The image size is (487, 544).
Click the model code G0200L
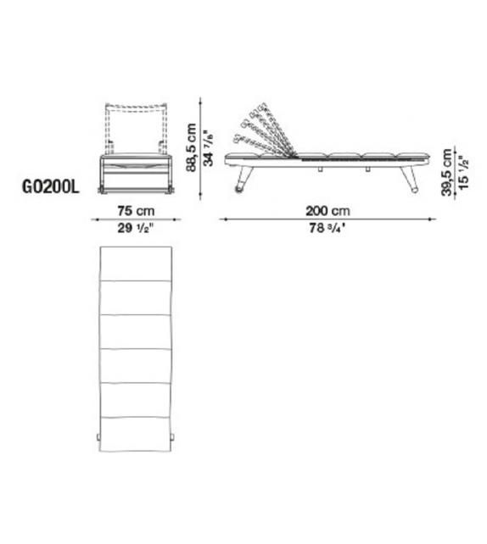tap(51, 187)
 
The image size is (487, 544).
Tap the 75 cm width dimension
tap(136, 211)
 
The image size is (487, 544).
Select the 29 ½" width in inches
tap(135, 228)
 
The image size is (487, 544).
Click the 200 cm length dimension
tap(327, 211)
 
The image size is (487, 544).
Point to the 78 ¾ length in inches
tap(327, 228)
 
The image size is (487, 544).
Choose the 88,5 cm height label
tap(192, 147)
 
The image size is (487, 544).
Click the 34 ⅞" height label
tap(209, 148)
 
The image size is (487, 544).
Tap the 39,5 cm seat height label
tap(447, 173)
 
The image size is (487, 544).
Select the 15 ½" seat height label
tap(463, 172)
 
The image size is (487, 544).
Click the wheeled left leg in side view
tap(242, 180)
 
